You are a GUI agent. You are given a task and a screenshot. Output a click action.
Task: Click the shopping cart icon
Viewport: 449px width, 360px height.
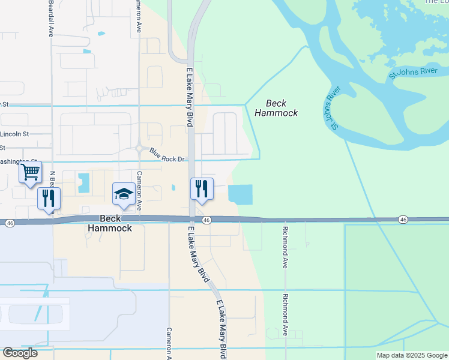[x=30, y=173]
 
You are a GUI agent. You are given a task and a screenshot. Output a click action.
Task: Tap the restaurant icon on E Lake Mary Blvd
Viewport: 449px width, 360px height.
[x=202, y=189]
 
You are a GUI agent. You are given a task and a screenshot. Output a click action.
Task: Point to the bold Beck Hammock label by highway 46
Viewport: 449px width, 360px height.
[x=110, y=223]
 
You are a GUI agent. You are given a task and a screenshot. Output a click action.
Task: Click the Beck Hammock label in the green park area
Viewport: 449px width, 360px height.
[x=276, y=108]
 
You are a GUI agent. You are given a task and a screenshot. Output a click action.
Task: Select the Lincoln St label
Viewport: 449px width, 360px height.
[x=15, y=133]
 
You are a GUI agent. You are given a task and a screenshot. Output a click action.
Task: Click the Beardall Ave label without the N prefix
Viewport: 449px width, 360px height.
[x=50, y=18]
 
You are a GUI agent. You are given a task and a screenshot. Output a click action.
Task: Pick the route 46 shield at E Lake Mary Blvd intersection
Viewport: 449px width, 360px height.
[x=206, y=221]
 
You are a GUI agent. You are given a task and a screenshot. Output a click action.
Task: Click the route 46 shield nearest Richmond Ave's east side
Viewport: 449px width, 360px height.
[x=403, y=221]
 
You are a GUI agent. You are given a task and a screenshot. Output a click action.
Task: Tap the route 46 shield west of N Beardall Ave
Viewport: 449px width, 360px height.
[x=10, y=223]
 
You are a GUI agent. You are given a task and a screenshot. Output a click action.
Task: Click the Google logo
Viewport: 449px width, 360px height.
[x=20, y=353]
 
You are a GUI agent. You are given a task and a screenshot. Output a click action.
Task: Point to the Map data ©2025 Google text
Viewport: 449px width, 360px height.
[x=411, y=355]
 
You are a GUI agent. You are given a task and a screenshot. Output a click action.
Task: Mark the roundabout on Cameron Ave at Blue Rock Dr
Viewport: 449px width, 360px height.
[x=139, y=148]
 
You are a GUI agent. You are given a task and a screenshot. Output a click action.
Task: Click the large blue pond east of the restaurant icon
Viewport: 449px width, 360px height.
[x=241, y=194]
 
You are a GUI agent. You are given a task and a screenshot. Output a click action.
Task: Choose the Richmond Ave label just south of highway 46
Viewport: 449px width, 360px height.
[x=286, y=248]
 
